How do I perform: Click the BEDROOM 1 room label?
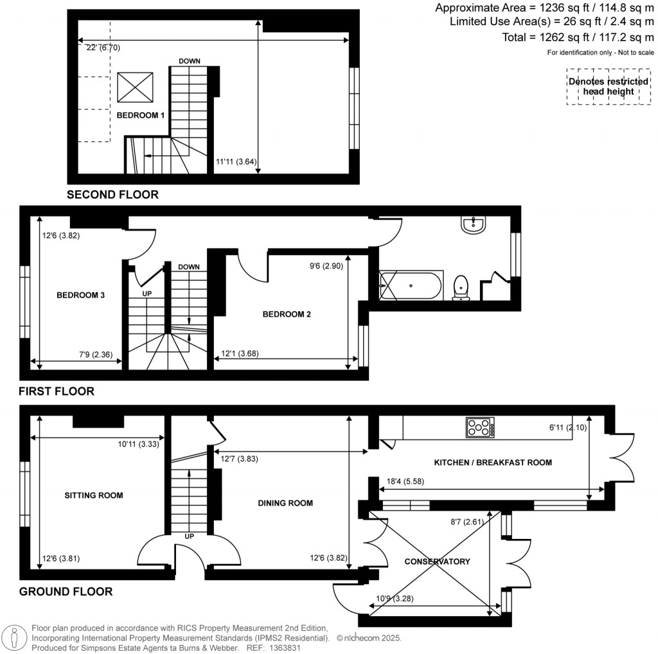click(141, 116)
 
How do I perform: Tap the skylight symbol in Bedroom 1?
click(136, 87)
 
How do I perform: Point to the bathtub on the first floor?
click(410, 286)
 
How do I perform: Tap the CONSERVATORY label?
click(437, 561)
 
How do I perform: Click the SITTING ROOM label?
click(94, 495)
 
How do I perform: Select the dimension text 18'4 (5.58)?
click(401, 481)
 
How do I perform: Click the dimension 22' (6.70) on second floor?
click(103, 48)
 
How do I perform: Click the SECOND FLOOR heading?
click(112, 194)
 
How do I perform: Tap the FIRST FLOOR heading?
click(57, 391)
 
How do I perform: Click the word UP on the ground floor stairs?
click(190, 535)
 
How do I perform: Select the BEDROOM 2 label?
click(287, 314)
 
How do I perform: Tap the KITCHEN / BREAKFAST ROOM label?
click(493, 463)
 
